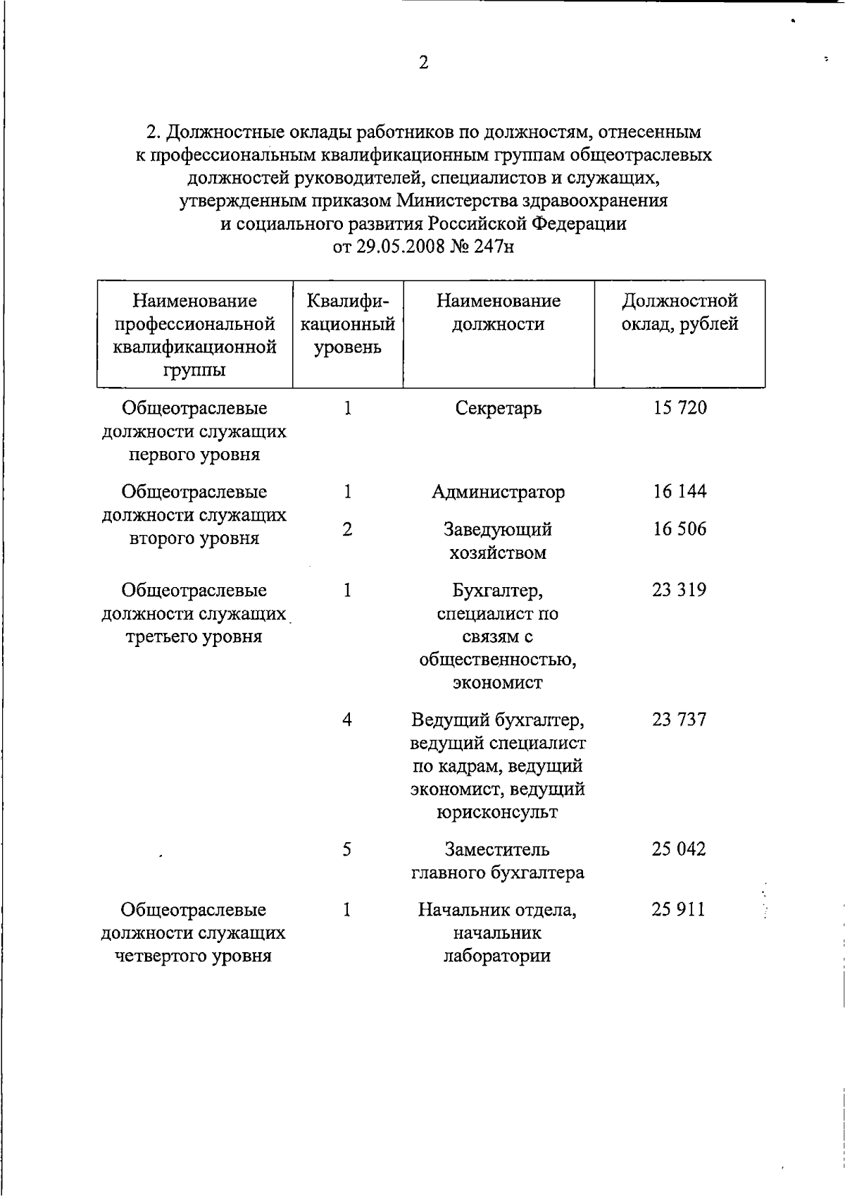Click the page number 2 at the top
pyautogui.click(x=423, y=63)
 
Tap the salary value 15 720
pyautogui.click(x=680, y=407)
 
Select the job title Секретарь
pyautogui.click(x=499, y=408)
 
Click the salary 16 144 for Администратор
pyautogui.click(x=680, y=491)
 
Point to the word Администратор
pyautogui.click(x=499, y=492)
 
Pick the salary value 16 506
pyautogui.click(x=680, y=529)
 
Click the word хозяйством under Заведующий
pyautogui.click(x=498, y=553)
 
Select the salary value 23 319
pyautogui.click(x=679, y=590)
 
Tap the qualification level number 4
pyautogui.click(x=347, y=720)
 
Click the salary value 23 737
pyautogui.click(x=679, y=720)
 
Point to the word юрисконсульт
pyautogui.click(x=497, y=813)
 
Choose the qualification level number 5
pyautogui.click(x=347, y=849)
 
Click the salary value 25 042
pyautogui.click(x=679, y=849)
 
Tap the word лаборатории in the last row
pyautogui.click(x=497, y=956)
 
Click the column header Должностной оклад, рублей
pyautogui.click(x=680, y=313)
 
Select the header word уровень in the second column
pyautogui.click(x=347, y=347)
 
